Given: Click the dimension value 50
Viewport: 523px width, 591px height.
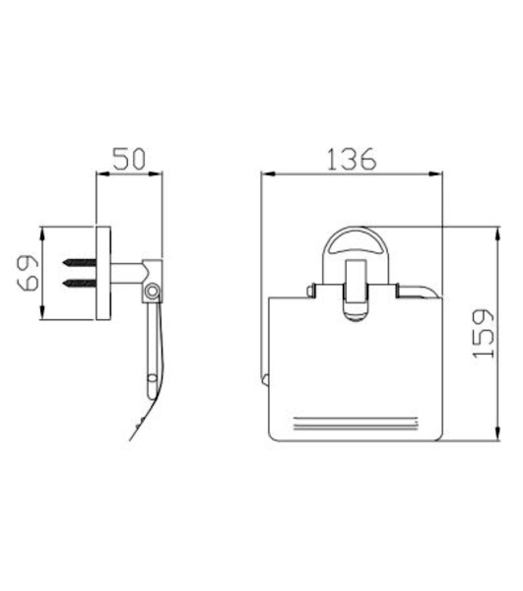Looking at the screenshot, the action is (129, 159).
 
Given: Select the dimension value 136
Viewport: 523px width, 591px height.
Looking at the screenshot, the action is (352, 159).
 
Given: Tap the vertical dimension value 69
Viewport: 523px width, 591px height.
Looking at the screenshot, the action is (28, 273).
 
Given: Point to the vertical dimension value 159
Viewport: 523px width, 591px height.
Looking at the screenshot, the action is (484, 334).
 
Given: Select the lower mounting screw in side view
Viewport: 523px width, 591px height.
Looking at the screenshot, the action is (80, 283).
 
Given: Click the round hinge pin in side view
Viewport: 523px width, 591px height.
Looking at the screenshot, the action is (153, 292).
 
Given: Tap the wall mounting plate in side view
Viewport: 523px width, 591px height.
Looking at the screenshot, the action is (103, 273).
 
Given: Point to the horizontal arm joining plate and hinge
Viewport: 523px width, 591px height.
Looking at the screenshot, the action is (127, 273).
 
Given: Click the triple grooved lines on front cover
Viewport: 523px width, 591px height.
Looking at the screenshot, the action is (356, 423).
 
